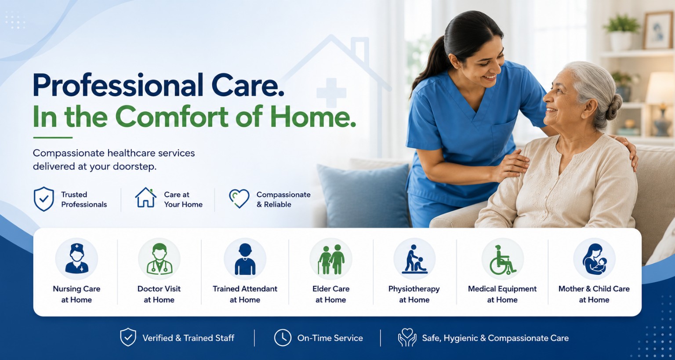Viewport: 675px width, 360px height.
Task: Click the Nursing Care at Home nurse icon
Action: [76, 259]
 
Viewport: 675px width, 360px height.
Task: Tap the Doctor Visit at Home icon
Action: [159, 259]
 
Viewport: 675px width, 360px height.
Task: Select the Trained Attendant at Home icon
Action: [245, 259]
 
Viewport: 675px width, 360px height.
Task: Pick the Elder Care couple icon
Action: [331, 259]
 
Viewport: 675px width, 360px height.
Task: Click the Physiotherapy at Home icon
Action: [414, 259]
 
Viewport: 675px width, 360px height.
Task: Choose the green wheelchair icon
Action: [502, 259]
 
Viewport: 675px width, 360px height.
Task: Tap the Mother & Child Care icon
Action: [594, 259]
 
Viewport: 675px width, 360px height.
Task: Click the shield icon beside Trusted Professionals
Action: [44, 199]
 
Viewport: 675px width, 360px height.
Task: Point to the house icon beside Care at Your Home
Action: [146, 197]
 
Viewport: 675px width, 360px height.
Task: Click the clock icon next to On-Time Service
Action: [283, 338]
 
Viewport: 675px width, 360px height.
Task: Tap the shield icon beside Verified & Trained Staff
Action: [128, 337]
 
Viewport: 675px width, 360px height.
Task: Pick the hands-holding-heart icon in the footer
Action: [407, 337]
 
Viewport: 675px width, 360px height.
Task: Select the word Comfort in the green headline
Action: [171, 116]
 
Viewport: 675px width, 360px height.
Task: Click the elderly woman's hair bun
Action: [613, 107]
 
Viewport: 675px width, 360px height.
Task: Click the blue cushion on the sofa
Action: [363, 196]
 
